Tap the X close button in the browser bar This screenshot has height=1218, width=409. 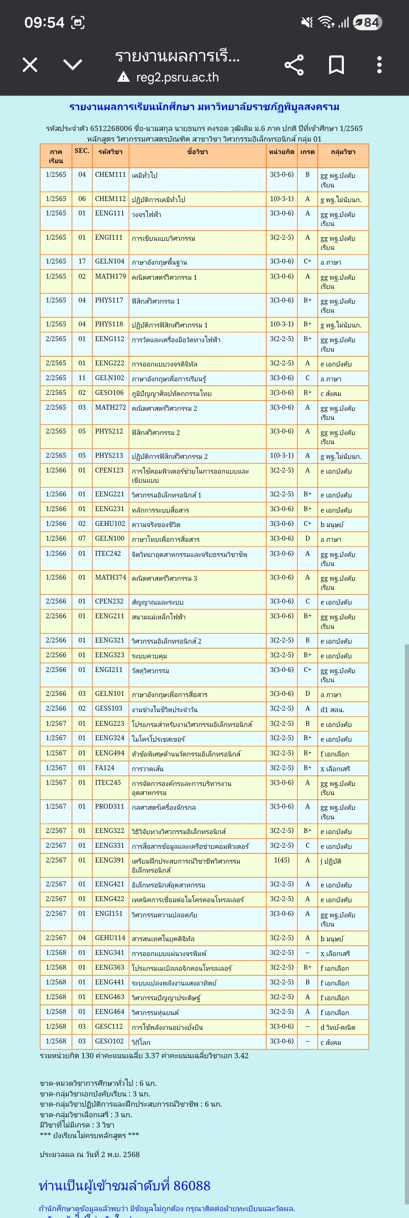tap(30, 65)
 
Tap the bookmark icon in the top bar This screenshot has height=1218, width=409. tap(336, 65)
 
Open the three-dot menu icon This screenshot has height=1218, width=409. tap(379, 65)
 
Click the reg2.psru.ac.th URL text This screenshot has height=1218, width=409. tap(177, 77)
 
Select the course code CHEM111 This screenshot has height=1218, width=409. tap(110, 175)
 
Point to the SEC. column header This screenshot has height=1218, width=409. tap(82, 151)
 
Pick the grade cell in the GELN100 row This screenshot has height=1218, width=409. tap(308, 538)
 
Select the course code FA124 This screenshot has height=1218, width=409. tap(105, 767)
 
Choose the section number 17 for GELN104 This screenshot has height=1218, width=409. tap(82, 261)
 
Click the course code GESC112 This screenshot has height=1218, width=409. tap(109, 1026)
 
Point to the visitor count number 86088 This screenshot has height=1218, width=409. tap(192, 1185)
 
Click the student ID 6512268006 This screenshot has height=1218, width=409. tap(111, 128)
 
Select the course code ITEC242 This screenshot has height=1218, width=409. tap(108, 553)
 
